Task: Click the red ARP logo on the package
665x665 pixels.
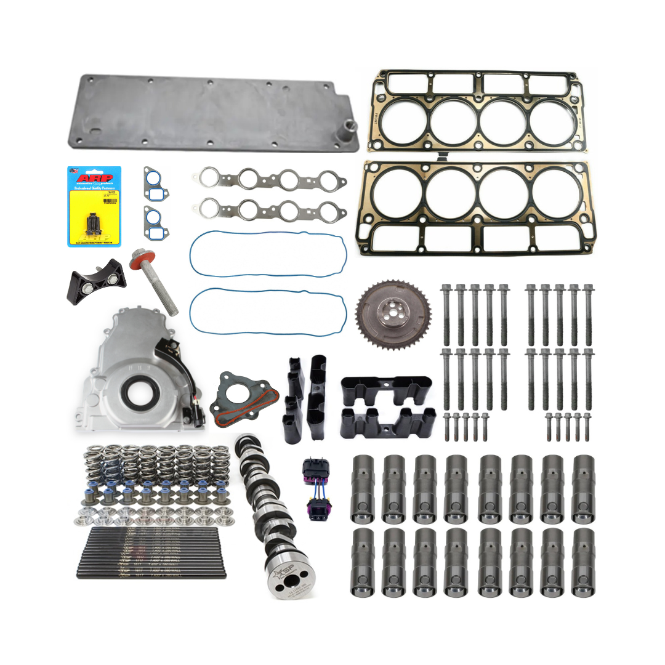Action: [94, 178]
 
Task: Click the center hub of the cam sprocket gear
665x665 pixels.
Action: [392, 315]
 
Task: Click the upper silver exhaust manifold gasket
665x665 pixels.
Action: [272, 180]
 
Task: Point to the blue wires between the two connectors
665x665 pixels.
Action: [313, 491]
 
